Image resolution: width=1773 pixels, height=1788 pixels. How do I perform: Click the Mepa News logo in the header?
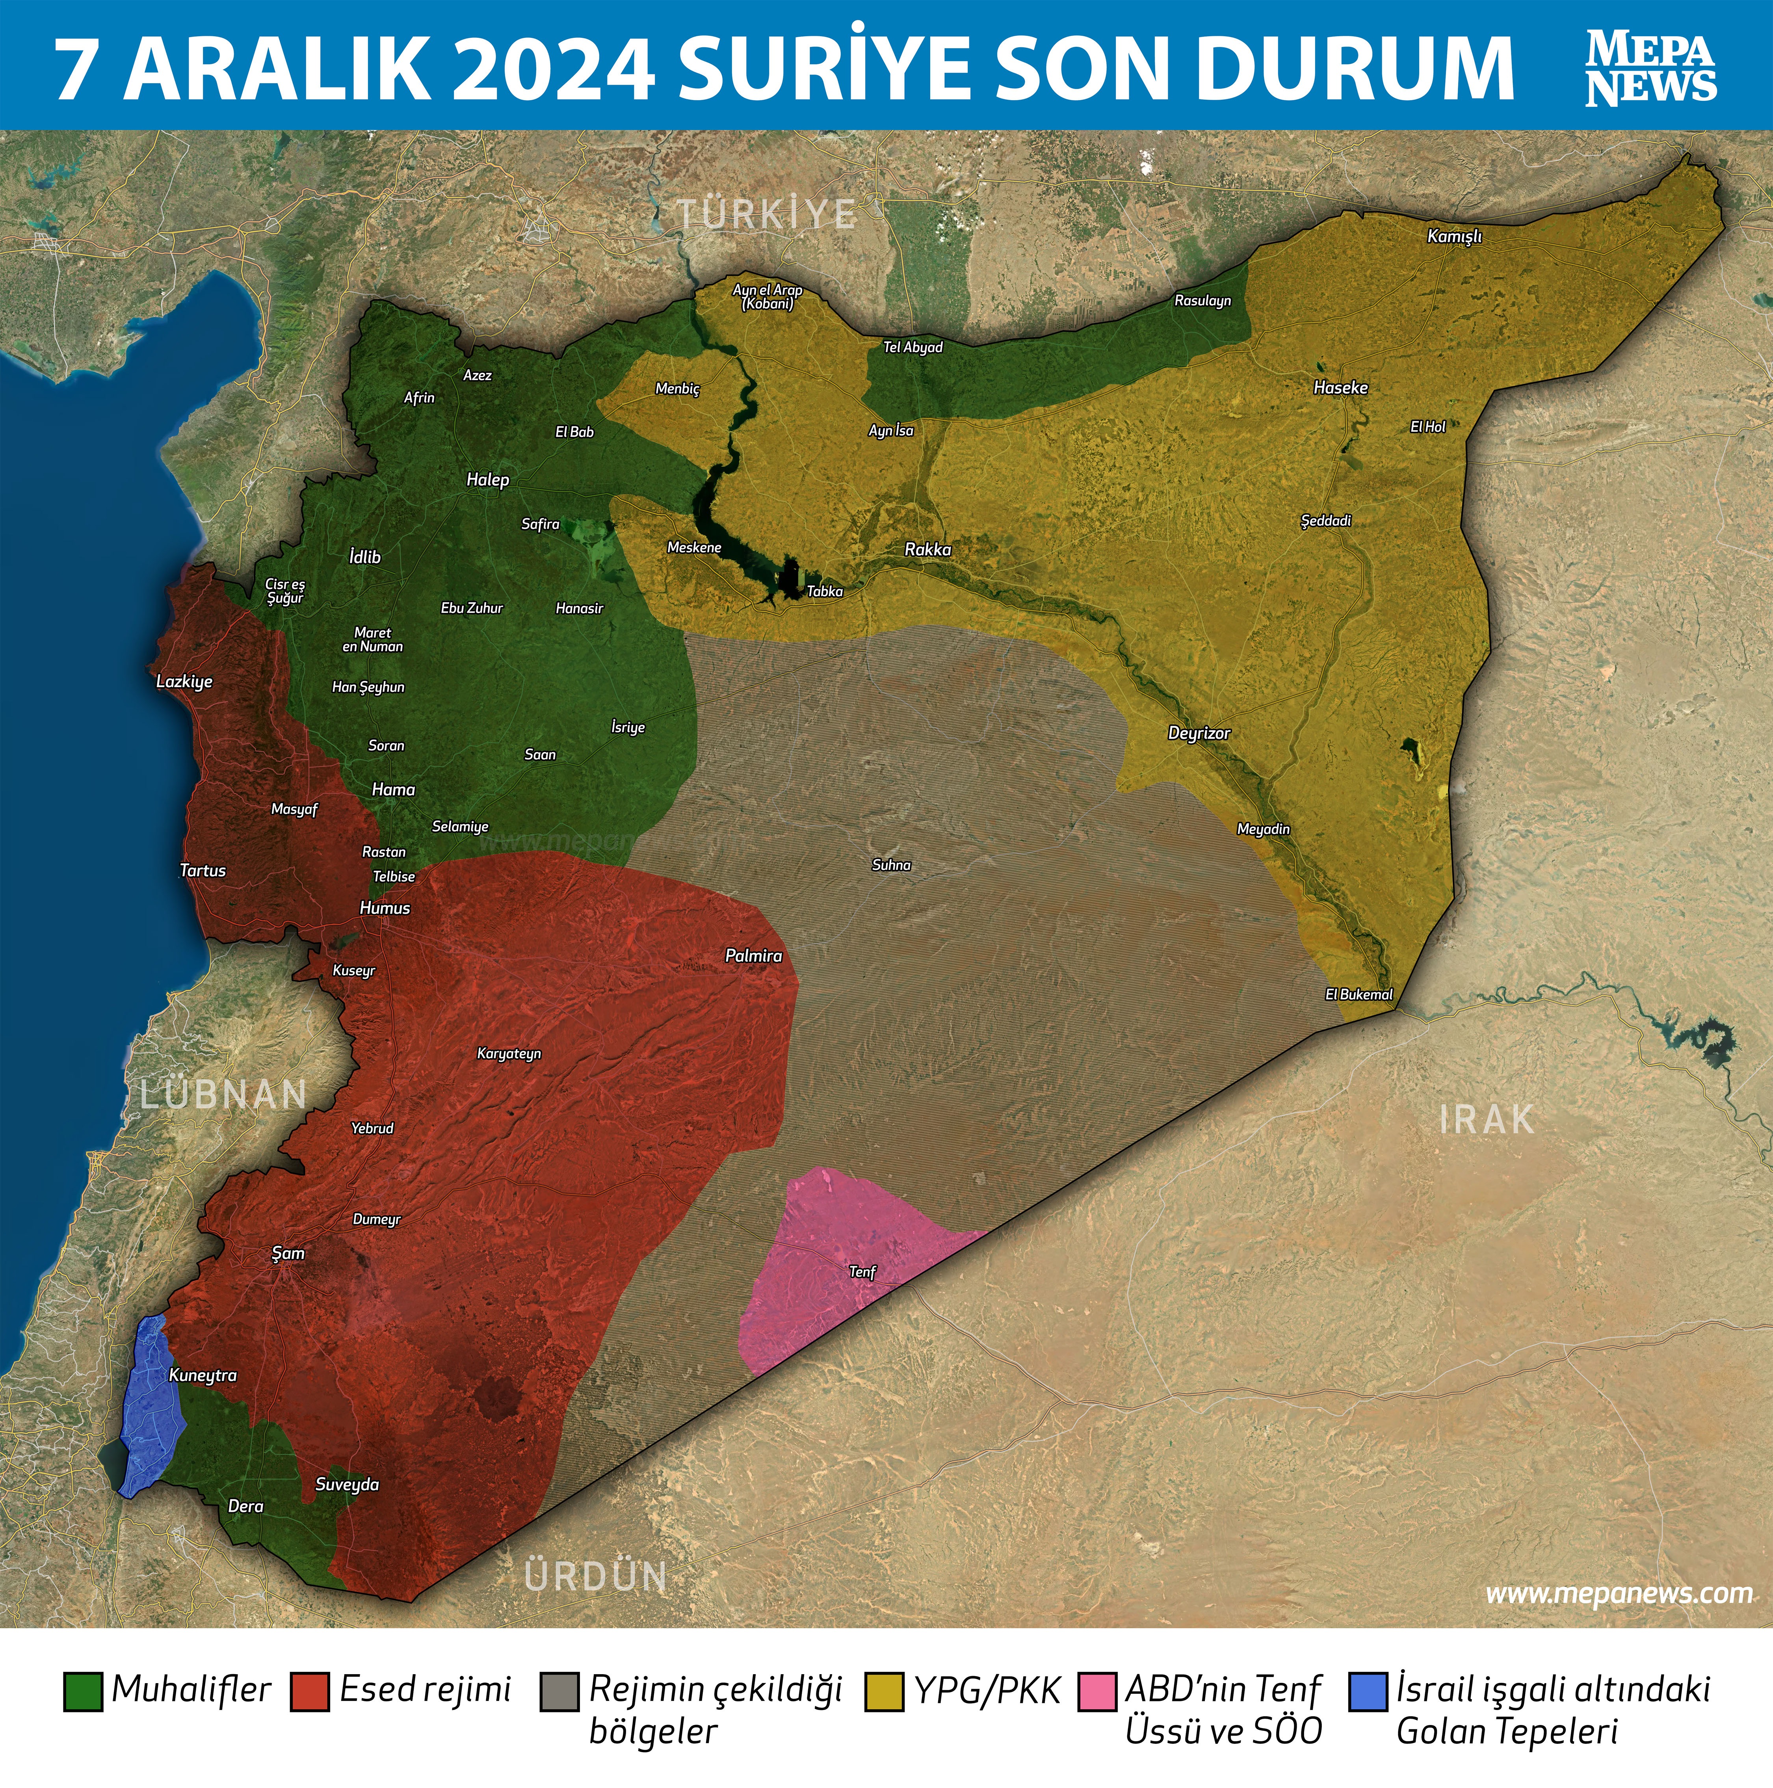(x=1651, y=67)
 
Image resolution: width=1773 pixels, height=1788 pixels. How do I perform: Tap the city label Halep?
(x=488, y=480)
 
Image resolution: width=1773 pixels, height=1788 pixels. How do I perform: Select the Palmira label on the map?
(x=753, y=955)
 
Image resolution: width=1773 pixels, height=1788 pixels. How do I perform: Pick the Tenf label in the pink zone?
(x=862, y=1271)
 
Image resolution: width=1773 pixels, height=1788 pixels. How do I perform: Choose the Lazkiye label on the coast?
(x=184, y=681)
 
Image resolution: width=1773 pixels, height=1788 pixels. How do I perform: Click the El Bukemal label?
(x=1359, y=994)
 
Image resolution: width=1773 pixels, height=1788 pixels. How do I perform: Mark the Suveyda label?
(x=347, y=1485)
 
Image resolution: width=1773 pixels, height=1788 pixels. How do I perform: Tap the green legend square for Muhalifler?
(x=82, y=1691)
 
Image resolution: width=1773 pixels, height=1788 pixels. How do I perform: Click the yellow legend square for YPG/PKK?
(x=884, y=1691)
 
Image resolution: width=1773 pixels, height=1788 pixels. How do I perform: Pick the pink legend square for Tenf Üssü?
(x=1097, y=1691)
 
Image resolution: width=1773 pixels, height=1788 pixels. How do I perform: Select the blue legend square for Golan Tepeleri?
(x=1368, y=1691)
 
